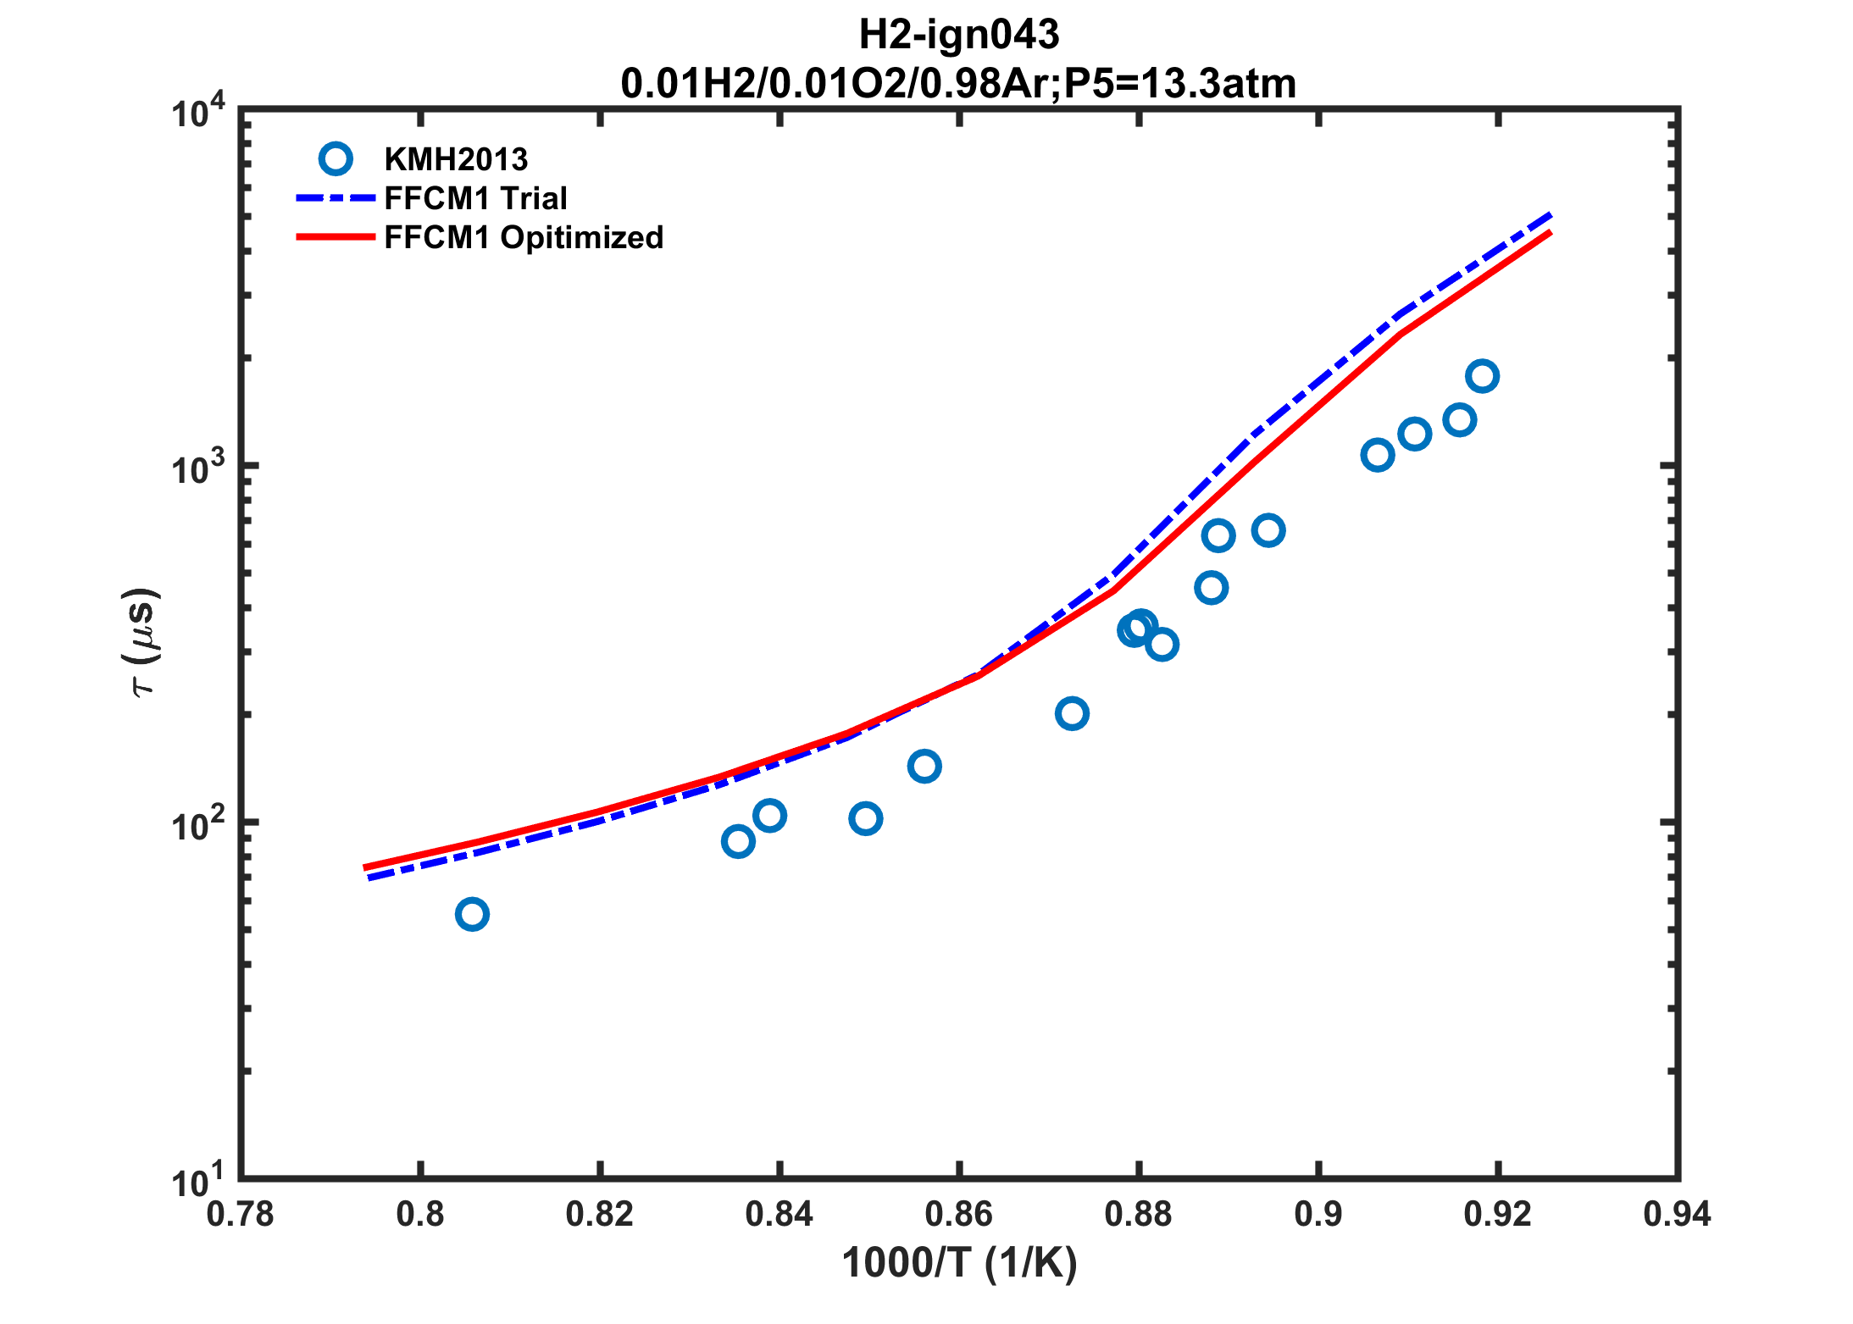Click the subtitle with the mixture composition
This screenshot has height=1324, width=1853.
click(x=958, y=84)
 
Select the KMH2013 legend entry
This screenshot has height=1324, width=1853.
click(x=456, y=159)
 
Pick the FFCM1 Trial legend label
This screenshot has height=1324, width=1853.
click(x=475, y=198)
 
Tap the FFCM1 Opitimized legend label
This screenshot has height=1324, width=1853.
click(x=524, y=237)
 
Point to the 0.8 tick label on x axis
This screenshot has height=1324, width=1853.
click(x=420, y=1215)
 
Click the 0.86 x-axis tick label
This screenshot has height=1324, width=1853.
click(x=958, y=1215)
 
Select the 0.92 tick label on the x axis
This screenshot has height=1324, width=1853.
click(x=1497, y=1215)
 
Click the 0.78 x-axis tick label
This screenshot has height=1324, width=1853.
click(x=241, y=1215)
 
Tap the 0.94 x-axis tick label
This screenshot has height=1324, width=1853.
click(x=1677, y=1215)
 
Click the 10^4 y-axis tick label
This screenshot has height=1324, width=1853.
click(x=199, y=112)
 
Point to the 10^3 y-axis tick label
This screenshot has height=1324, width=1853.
click(x=199, y=468)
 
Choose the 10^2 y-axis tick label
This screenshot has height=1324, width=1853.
click(x=199, y=825)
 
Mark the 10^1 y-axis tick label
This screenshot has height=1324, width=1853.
click(x=199, y=1181)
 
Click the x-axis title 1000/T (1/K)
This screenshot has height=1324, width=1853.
click(x=958, y=1263)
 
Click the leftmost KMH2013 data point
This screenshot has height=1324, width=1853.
click(x=472, y=914)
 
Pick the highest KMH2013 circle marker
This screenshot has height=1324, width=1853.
click(x=1482, y=375)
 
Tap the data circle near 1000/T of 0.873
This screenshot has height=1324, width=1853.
click(x=1072, y=713)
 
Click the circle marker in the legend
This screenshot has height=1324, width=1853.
click(x=336, y=159)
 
